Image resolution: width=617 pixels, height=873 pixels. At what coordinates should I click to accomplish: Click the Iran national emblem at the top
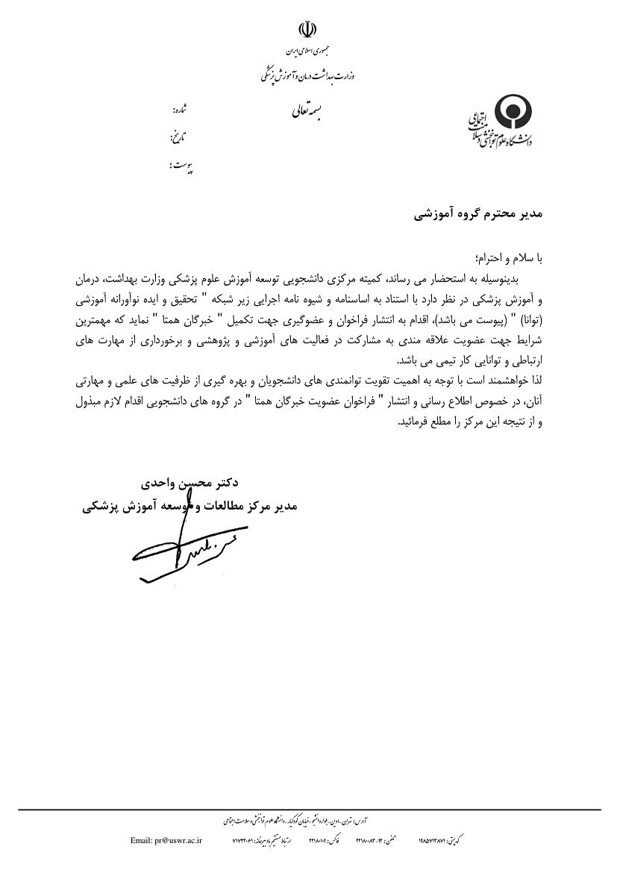[307, 29]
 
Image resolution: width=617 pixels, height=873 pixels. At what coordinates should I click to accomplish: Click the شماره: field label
[180, 109]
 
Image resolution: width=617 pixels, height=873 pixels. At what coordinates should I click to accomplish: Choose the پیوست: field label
[179, 168]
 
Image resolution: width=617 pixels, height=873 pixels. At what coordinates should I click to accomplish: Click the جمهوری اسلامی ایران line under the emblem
[307, 51]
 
